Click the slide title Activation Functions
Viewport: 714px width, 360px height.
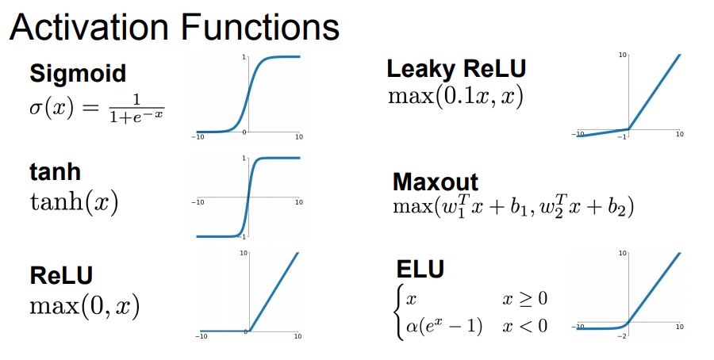pos(175,28)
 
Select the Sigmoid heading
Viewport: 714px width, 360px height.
pos(78,74)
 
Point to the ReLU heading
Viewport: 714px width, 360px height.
pos(61,275)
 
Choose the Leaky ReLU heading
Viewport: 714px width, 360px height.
pos(456,69)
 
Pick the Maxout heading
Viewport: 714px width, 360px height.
pos(436,182)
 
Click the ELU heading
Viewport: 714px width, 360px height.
pos(420,269)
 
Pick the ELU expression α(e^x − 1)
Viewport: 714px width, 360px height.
pos(444,325)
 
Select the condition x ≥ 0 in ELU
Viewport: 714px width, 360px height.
pos(524,299)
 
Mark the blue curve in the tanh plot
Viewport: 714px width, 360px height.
pos(248,197)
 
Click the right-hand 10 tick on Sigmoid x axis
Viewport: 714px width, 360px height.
pos(299,137)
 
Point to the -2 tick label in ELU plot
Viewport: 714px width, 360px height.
pos(623,336)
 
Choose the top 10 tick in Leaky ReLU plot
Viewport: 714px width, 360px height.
pos(623,55)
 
